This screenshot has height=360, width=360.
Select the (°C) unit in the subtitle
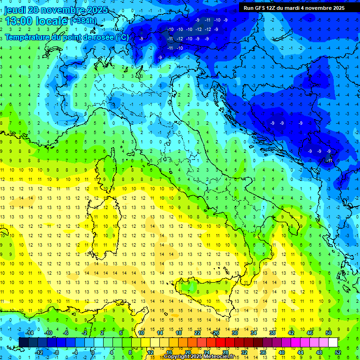tap(121, 37)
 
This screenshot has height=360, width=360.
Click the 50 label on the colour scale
tap(328, 333)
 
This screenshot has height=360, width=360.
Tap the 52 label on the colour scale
tap(337, 352)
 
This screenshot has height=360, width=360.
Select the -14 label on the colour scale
tap(29, 333)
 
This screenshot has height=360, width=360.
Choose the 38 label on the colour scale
tap(272, 333)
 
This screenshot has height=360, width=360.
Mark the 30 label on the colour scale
tap(234, 333)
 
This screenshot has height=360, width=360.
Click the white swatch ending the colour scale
tap(333, 343)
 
